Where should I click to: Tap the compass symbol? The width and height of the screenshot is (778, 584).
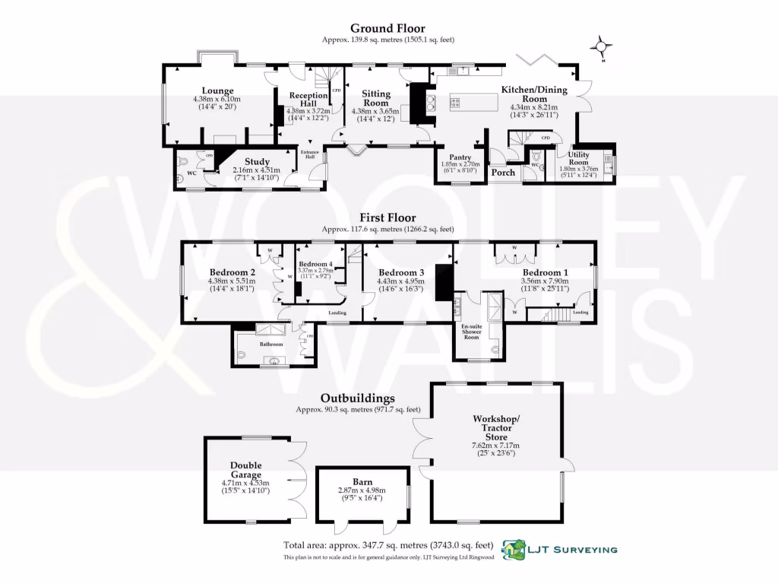click(602, 47)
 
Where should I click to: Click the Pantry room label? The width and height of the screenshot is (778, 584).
click(460, 157)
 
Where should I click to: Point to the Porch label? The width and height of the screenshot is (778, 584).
click(503, 173)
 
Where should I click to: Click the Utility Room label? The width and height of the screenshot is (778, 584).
click(579, 158)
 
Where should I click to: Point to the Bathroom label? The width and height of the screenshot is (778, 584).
click(271, 344)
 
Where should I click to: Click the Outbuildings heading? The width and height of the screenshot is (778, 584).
click(357, 398)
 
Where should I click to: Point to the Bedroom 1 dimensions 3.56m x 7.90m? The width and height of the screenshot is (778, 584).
click(542, 281)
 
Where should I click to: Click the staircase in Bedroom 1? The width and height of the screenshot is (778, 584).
click(558, 314)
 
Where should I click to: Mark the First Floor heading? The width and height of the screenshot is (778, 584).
click(388, 217)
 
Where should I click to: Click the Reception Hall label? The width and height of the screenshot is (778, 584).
click(307, 99)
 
